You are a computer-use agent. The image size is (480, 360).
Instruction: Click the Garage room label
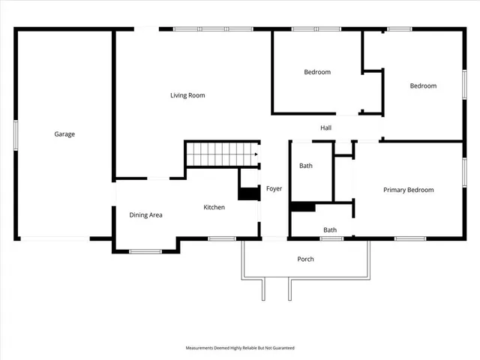pos(64,134)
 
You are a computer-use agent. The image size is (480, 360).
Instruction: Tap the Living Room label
pos(187,95)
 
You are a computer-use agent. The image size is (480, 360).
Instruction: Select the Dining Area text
pos(145,215)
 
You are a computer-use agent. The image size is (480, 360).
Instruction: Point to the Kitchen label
pos(214,207)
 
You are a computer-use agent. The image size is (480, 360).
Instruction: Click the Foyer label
pos(274,188)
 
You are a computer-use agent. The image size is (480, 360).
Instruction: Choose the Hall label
pos(325,128)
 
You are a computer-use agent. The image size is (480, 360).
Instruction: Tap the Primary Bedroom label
pos(408,190)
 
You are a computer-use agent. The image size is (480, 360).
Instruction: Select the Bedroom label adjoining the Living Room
pos(316,72)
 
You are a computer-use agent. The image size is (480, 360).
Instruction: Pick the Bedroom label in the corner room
pos(422,85)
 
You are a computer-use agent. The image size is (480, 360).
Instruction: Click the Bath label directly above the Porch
pos(330,229)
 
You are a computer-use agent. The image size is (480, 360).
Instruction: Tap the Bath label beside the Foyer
pos(306,166)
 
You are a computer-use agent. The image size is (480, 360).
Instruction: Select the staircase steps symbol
pos(221,154)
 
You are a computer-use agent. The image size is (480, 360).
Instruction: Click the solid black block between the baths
pos(302,207)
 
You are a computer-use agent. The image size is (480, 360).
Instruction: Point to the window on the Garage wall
pos(16,134)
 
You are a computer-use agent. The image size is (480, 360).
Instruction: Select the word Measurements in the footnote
pos(202,348)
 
